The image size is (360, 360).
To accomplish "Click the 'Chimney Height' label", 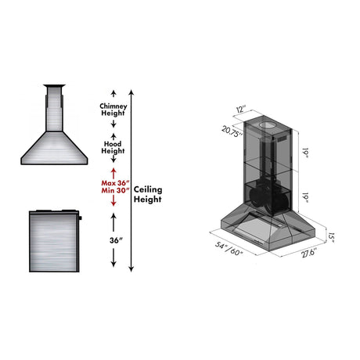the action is (x=113, y=110).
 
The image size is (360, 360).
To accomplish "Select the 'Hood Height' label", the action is (x=113, y=147).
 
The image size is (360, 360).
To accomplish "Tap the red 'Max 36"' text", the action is (x=115, y=183).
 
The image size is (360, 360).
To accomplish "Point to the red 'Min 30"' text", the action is (x=115, y=190).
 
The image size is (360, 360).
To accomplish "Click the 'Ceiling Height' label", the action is (x=148, y=194).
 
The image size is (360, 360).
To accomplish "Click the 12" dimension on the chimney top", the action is (x=241, y=109).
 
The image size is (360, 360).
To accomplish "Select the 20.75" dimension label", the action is (x=232, y=131).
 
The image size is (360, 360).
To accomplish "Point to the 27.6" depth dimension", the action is (x=309, y=253).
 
